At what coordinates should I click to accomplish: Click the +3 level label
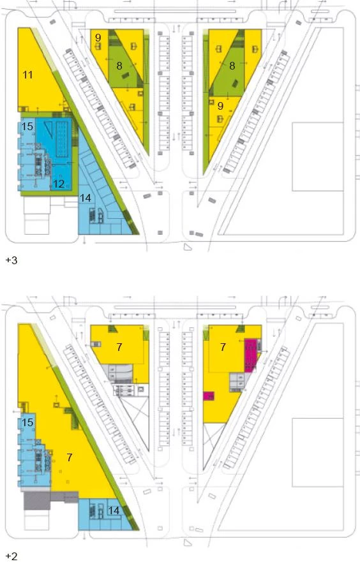point(11,260)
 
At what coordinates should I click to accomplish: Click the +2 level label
point(11,556)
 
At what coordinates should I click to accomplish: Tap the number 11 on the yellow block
point(27,75)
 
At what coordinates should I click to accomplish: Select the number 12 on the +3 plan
point(59,184)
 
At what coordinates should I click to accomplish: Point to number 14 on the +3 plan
point(86,198)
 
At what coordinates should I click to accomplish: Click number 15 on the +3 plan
point(27,126)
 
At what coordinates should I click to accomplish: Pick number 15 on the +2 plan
point(27,422)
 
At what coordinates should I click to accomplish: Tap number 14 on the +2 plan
point(114,510)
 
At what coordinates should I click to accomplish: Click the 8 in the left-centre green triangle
point(119,66)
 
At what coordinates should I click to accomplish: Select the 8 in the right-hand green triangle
point(232,66)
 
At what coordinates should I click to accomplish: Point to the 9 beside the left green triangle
point(98,38)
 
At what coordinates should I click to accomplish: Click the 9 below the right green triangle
point(220,106)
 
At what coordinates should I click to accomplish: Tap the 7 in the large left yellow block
point(70,457)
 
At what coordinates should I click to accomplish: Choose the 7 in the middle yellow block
point(119,346)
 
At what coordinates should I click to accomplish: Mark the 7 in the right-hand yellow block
point(223,346)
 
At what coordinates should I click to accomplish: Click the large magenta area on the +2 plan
point(251,355)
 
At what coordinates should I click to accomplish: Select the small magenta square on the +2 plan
point(209,396)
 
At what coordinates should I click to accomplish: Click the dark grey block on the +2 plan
point(37,501)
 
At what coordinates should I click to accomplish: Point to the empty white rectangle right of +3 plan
point(317,156)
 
